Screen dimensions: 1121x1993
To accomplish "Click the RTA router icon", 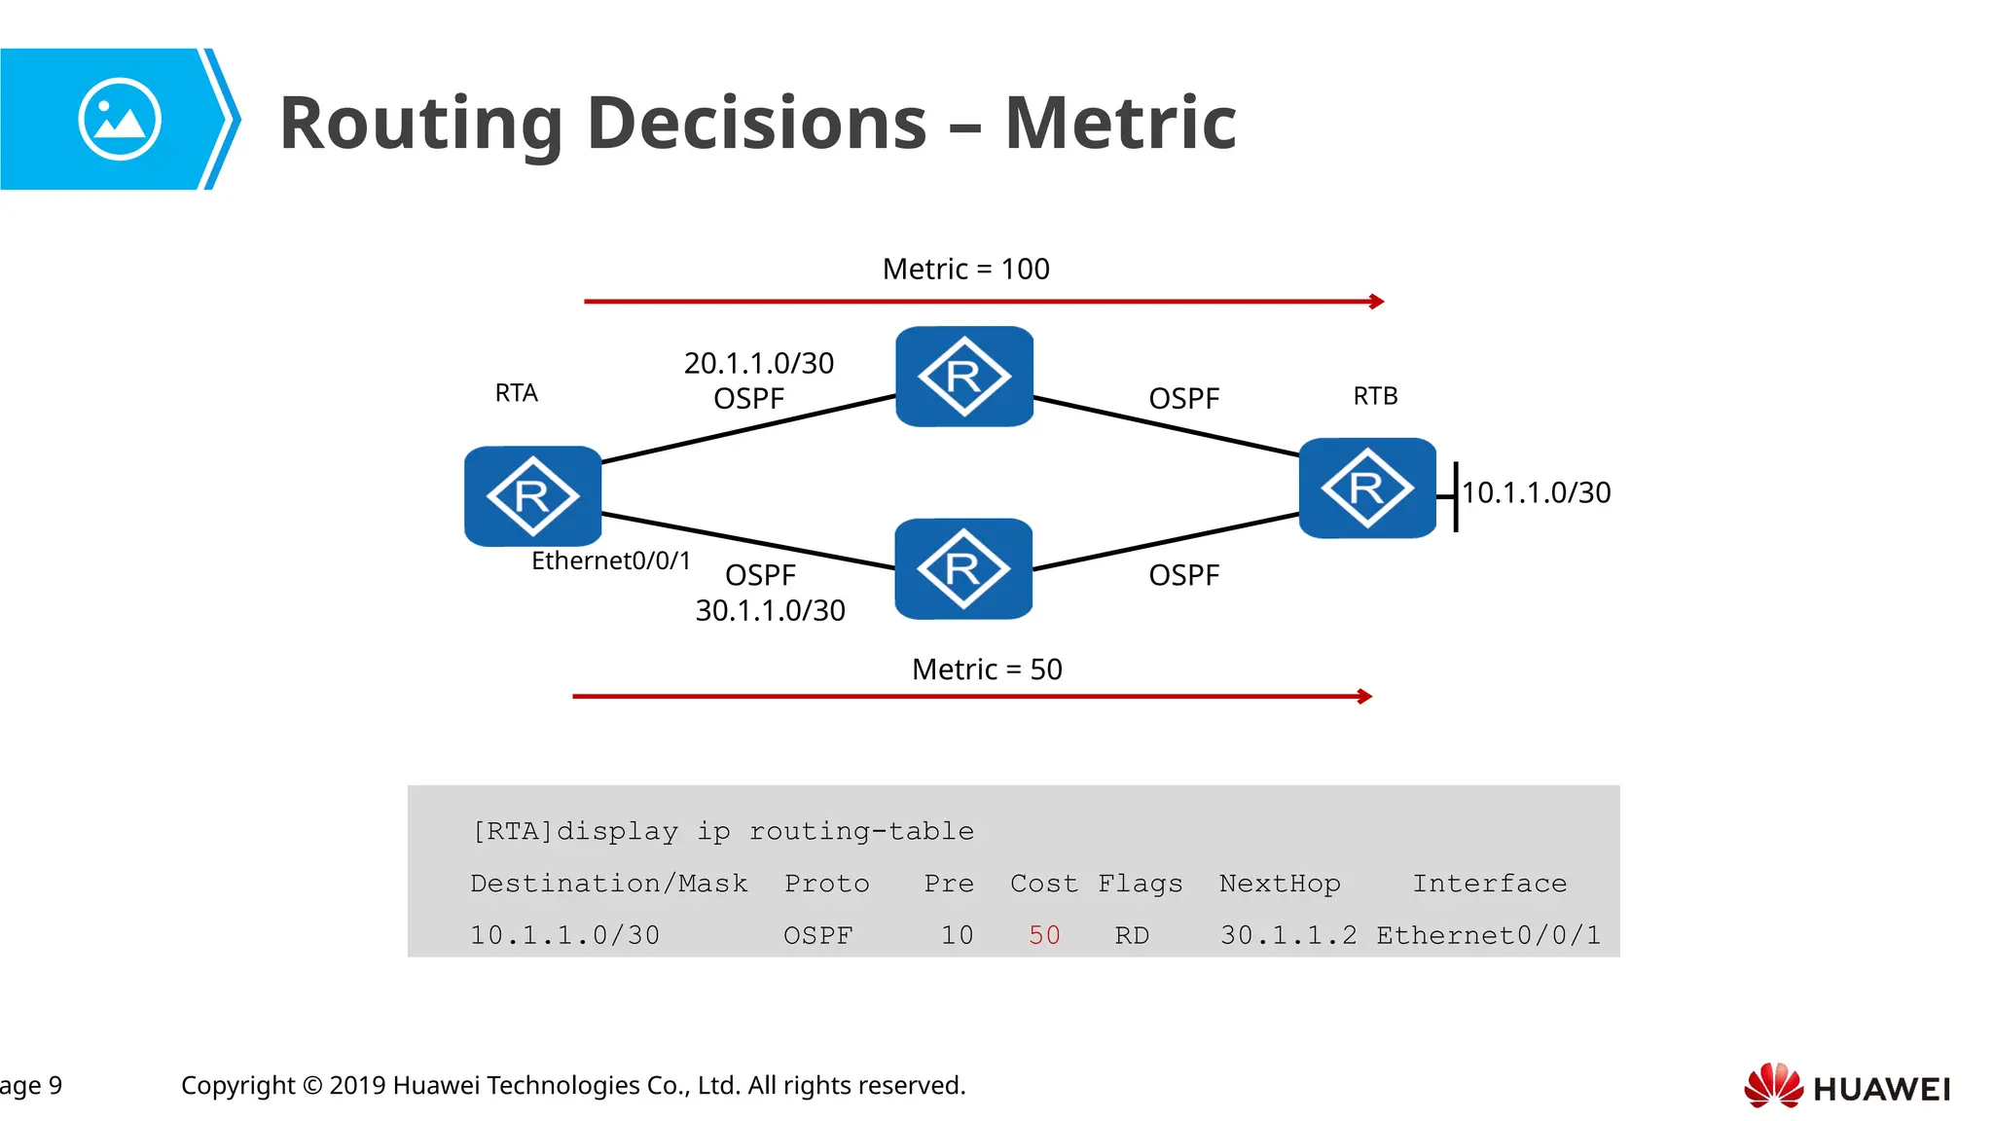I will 532,496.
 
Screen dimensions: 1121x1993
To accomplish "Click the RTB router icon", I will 1367,488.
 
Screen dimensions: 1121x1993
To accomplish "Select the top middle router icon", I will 963,377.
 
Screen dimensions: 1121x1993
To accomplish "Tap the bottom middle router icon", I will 962,568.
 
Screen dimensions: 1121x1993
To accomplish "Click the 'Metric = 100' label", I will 965,269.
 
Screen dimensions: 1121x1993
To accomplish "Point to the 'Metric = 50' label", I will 987,669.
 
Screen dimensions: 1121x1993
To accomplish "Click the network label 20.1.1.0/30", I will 758,363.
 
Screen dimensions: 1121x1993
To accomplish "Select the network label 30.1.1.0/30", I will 770,610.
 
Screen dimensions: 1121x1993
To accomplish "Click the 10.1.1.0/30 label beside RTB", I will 1536,492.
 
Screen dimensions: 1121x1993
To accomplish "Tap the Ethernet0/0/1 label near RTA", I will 610,560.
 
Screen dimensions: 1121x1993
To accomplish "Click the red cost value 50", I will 1044,935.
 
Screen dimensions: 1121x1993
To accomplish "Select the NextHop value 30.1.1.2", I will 1288,935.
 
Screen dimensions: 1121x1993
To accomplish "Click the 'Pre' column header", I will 949,884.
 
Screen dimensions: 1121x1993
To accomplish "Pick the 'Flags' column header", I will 1140,884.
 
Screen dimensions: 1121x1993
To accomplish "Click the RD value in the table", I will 1132,935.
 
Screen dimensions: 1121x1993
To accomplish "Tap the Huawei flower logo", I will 1773,1086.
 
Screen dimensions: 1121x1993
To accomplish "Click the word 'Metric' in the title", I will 1120,124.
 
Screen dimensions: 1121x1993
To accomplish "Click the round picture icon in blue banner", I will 120,120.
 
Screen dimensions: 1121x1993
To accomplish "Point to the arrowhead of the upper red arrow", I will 1377,302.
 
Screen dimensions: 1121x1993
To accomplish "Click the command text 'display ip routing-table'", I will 765,831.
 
